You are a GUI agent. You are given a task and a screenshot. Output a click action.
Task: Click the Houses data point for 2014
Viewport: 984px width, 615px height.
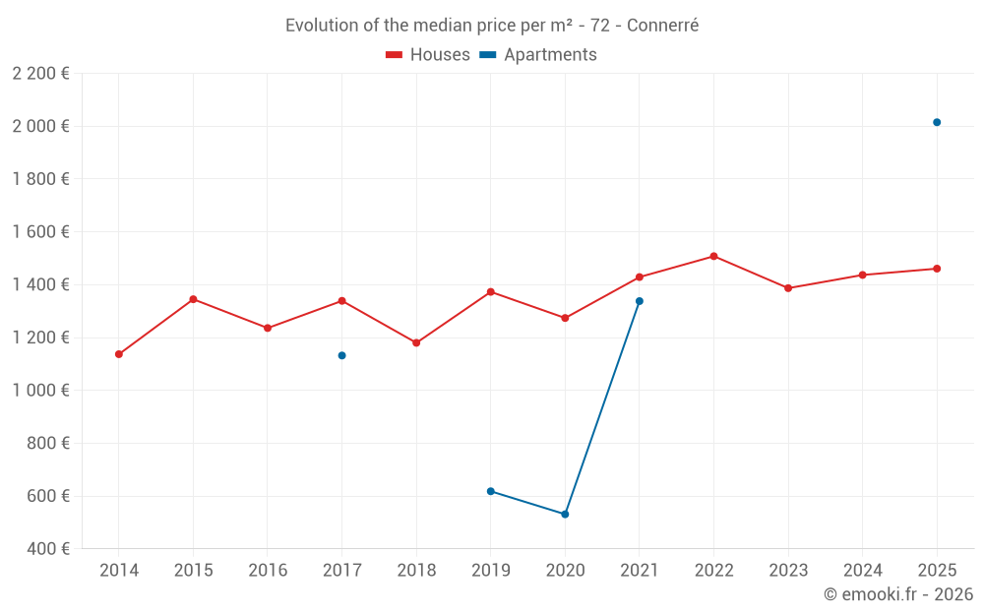[119, 354]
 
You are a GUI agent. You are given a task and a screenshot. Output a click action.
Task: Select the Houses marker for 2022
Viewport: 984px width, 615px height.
[713, 256]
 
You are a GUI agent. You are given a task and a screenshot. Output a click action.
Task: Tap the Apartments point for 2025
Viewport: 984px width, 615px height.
[937, 122]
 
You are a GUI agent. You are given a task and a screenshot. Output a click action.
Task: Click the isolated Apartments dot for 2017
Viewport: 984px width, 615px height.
[341, 355]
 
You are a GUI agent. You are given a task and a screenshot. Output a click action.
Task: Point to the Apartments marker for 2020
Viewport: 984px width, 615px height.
[565, 515]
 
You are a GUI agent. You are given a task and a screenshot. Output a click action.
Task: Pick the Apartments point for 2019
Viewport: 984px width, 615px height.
[490, 491]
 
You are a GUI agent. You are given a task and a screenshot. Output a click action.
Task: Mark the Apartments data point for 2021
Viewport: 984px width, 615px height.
[640, 301]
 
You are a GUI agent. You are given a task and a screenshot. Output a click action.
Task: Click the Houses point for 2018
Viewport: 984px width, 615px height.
[416, 342]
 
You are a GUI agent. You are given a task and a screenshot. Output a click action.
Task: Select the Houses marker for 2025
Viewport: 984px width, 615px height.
[937, 269]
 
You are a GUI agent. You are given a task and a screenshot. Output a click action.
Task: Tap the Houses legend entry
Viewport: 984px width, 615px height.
[428, 55]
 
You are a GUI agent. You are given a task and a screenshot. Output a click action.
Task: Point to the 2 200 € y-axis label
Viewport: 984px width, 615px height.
[40, 73]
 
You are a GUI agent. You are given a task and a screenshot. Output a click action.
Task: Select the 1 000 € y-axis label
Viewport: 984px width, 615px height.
[40, 390]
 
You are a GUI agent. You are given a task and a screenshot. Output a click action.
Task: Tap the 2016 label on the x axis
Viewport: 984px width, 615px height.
[268, 571]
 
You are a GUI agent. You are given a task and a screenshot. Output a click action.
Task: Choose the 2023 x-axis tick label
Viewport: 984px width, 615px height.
[788, 571]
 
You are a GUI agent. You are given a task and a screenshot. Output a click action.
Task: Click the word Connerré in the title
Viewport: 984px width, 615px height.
[662, 26]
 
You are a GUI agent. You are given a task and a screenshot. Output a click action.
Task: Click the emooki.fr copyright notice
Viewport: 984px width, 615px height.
[897, 594]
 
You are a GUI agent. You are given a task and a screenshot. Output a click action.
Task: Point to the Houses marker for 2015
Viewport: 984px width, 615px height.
[193, 299]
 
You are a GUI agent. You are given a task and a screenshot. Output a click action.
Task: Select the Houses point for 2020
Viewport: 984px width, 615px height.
[565, 318]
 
